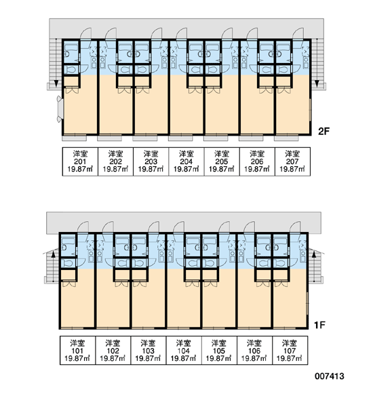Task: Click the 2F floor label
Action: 323,132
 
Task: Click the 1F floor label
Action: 320,325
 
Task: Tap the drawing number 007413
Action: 330,376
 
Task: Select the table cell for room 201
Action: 80,161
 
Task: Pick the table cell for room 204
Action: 186,161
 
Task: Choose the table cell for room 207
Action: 292,161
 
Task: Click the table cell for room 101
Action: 77,351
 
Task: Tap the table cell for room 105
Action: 219,351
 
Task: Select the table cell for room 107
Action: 290,351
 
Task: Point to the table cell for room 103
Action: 149,351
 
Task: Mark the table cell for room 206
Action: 257,161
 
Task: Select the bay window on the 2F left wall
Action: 60,109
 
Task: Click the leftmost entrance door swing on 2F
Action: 85,33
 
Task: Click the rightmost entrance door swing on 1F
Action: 295,227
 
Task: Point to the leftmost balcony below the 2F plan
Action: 75,138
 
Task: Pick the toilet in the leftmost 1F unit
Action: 68,263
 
